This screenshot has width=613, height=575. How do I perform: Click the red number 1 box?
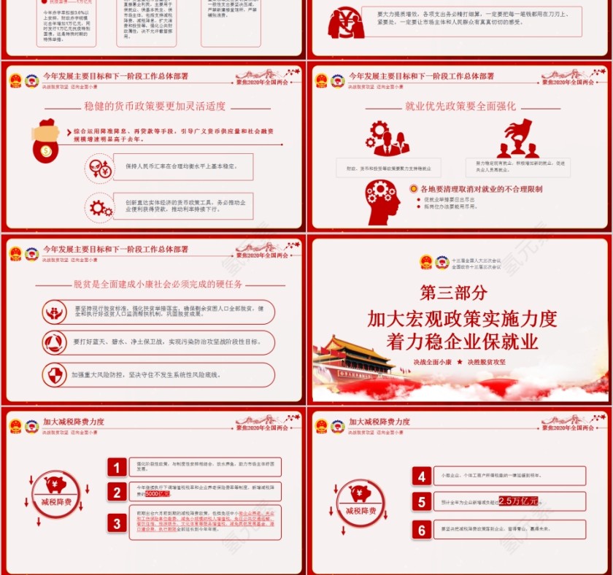pos(117,467)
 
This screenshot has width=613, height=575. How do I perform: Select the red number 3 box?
pos(117,523)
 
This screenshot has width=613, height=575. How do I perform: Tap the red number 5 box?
pos(422,501)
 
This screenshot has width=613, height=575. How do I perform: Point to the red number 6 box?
pos(422,530)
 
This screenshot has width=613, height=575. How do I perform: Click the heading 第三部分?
pos(453,293)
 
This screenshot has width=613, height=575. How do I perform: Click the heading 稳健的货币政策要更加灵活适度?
pos(155,106)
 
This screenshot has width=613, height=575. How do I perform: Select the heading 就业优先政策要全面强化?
pos(460,106)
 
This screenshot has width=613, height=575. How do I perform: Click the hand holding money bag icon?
pos(46,139)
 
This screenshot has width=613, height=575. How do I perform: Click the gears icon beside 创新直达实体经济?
pos(99,207)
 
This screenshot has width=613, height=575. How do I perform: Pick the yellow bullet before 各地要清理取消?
pos(413,188)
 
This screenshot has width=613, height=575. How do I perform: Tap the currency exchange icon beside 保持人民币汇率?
pos(99,167)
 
